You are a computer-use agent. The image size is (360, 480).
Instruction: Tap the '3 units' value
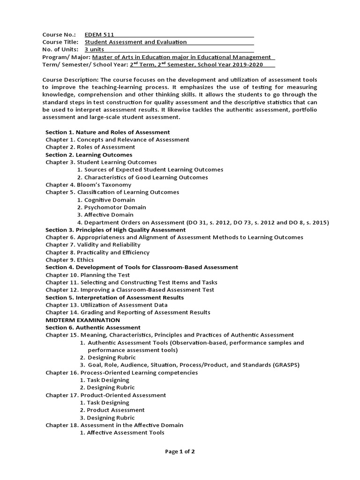pyautogui.click(x=94, y=49)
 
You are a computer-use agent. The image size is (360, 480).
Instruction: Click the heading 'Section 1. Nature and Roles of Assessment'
pyautogui.click(x=107, y=132)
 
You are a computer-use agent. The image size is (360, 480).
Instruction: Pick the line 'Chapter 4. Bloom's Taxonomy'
pyautogui.click(x=88, y=185)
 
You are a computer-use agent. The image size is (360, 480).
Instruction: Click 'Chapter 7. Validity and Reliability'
pyautogui.click(x=93, y=245)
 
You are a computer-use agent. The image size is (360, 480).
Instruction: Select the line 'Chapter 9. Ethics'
pyautogui.click(x=69, y=260)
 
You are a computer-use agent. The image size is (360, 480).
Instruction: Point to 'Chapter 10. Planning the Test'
pyautogui.click(x=88, y=275)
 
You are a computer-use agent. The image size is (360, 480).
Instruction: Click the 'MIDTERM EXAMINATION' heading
pyautogui.click(x=82, y=320)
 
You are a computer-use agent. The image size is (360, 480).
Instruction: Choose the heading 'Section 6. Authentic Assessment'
pyautogui.click(x=93, y=327)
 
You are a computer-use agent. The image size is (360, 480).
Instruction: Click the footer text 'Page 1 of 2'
pyautogui.click(x=180, y=451)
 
